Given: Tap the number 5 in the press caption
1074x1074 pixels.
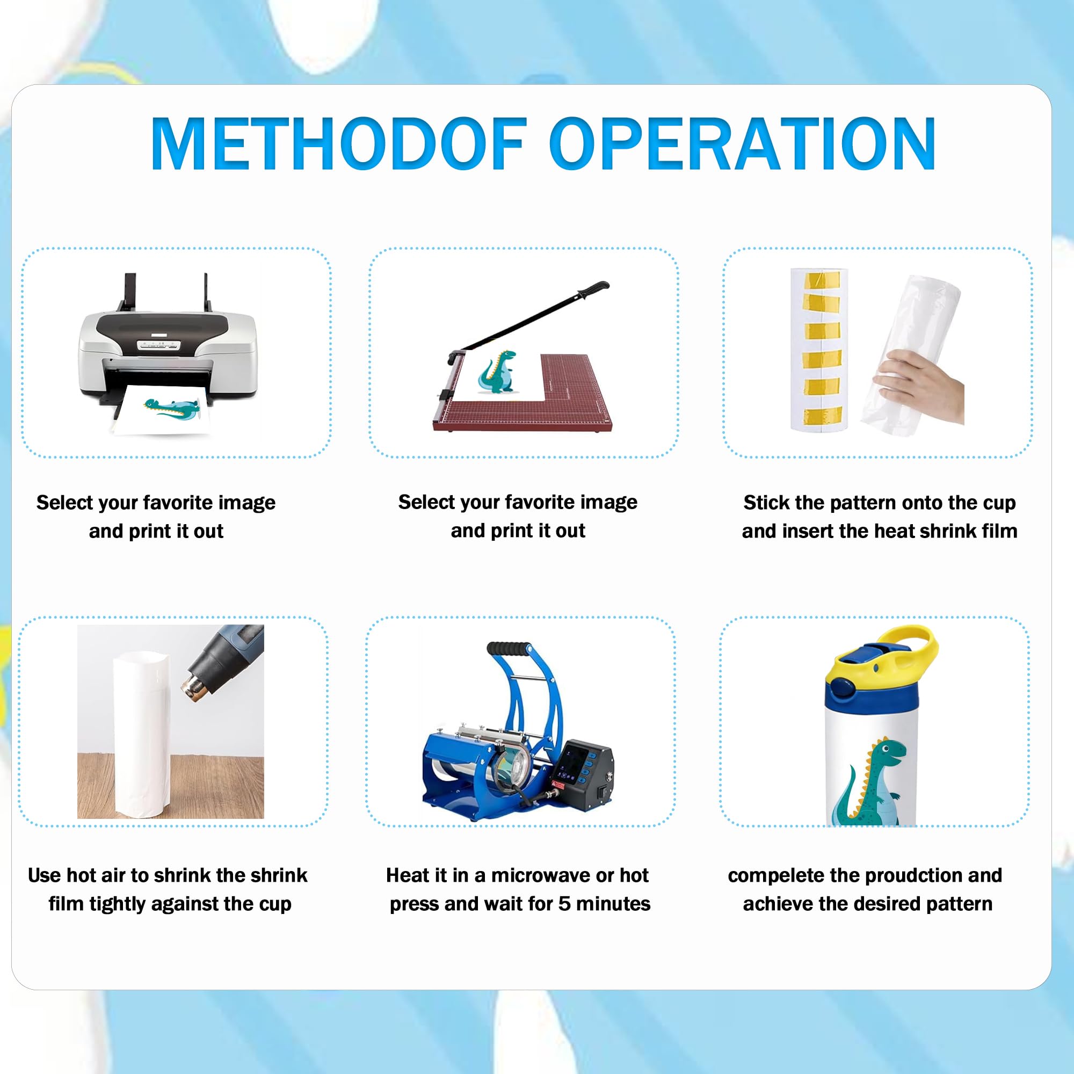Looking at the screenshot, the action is click(565, 904).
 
